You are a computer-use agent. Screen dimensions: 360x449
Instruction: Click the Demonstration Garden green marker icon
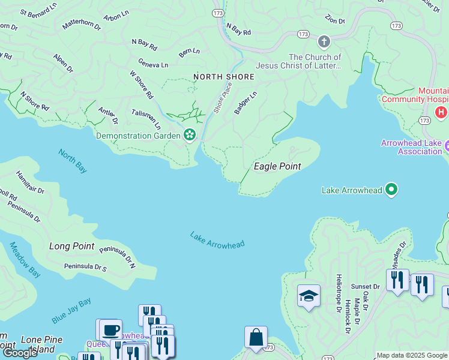190,135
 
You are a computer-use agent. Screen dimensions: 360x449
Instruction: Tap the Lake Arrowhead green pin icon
391,190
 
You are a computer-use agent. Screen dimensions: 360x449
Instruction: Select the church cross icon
324,41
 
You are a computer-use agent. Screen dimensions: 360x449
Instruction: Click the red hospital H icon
442,112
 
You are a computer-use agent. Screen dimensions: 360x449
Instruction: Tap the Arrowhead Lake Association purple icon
447,145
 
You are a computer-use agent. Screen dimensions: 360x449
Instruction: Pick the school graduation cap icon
309,296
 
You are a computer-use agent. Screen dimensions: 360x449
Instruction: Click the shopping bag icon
256,337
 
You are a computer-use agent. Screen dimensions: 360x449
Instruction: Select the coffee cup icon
110,330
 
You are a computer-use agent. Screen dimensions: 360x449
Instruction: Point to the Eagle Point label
277,166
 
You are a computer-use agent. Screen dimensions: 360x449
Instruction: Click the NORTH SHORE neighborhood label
224,77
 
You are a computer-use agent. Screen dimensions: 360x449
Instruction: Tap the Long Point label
71,246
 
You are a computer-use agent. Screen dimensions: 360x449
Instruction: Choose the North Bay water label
73,161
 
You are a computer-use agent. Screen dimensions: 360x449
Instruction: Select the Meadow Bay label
25,260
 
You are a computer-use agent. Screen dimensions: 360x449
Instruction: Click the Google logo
20,353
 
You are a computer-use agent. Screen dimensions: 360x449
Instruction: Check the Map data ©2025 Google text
411,355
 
